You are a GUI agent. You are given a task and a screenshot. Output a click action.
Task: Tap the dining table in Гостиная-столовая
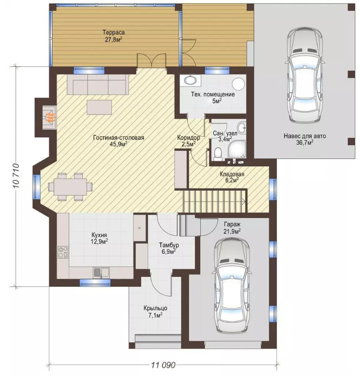tap(71, 187)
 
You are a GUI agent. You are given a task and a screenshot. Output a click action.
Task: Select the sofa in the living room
tap(97, 84)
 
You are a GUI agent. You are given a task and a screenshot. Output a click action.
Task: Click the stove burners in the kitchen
tap(63, 251)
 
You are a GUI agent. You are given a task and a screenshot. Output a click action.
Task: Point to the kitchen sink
tap(101, 272)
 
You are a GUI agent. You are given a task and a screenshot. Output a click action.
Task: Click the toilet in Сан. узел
tap(219, 154)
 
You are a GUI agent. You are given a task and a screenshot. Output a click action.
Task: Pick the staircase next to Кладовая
tap(215, 201)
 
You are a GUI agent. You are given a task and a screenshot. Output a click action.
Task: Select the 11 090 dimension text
tap(163, 365)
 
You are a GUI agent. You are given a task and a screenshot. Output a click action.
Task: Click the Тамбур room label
tap(169, 245)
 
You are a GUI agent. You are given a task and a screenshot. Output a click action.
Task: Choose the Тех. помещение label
tap(213, 94)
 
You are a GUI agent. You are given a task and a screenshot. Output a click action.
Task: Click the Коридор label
tap(188, 138)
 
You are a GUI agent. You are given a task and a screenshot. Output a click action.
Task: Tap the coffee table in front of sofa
tap(99, 107)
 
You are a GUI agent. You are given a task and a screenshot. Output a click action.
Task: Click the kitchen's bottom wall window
tap(95, 283)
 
